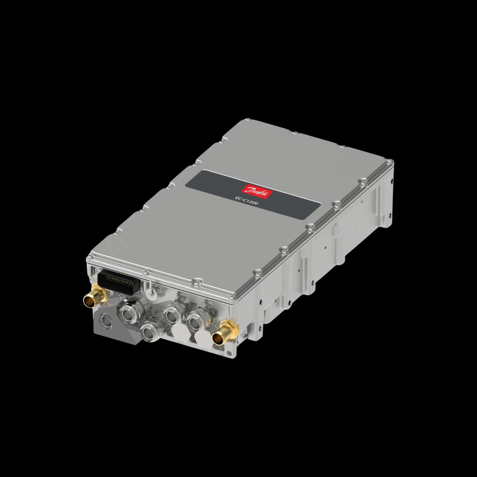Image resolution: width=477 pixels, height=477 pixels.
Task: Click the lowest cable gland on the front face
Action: pos(149,333)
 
